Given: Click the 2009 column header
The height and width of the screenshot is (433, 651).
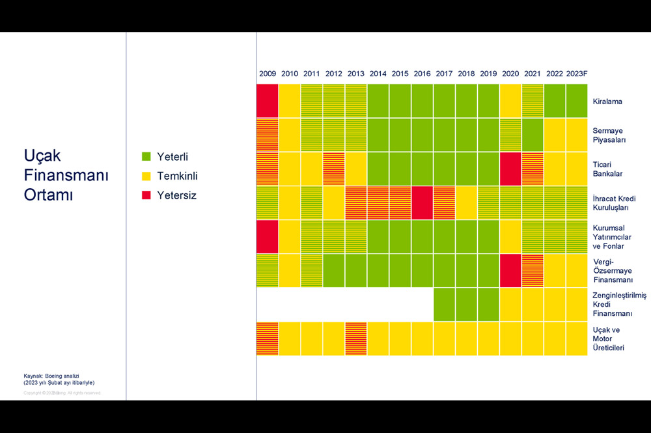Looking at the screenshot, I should pyautogui.click(x=268, y=74).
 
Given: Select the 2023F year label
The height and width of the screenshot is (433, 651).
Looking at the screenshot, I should pyautogui.click(x=577, y=74).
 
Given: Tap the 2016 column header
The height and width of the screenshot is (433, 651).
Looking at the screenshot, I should pyautogui.click(x=422, y=74).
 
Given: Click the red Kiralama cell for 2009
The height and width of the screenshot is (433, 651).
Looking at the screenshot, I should pyautogui.click(x=268, y=101).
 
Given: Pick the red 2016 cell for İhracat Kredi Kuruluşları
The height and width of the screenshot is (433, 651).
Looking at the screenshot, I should pyautogui.click(x=422, y=203).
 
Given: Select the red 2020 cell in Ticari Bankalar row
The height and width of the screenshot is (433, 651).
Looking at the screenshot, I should pyautogui.click(x=510, y=169).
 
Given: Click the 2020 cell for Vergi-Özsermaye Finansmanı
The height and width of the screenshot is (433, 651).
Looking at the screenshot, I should pyautogui.click(x=510, y=270).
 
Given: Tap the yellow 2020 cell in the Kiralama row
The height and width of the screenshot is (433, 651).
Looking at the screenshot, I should pyautogui.click(x=510, y=101).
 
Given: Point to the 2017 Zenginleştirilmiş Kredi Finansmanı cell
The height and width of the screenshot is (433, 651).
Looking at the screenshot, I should pyautogui.click(x=444, y=304).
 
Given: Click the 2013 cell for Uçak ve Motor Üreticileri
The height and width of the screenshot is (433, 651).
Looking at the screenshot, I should pyautogui.click(x=356, y=338).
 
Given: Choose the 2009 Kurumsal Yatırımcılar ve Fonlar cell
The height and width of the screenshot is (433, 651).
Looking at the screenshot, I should pyautogui.click(x=268, y=236).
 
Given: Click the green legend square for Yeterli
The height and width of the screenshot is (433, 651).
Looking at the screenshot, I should pyautogui.click(x=146, y=157).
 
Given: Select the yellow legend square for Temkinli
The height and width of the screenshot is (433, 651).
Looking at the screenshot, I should pyautogui.click(x=146, y=176).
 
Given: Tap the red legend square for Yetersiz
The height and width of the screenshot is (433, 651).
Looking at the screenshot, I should pyautogui.click(x=146, y=195).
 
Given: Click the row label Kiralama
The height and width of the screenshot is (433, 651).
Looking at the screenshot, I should pyautogui.click(x=607, y=102).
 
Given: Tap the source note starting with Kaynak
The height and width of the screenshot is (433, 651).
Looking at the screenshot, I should pyautogui.click(x=59, y=379).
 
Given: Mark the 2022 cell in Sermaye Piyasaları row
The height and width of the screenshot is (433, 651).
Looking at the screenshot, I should pyautogui.click(x=555, y=135).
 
